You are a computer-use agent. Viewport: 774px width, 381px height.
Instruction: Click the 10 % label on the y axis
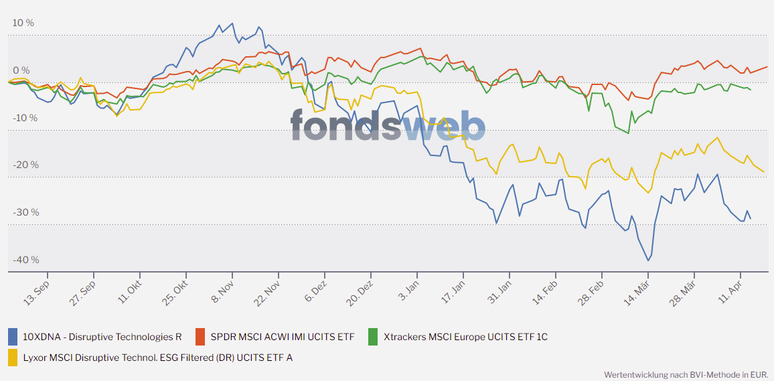click(23, 23)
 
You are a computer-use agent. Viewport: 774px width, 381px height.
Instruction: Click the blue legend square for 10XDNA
click(13, 336)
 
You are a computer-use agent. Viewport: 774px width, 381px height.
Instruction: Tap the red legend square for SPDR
click(200, 336)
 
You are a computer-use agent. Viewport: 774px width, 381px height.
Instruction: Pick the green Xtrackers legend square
click(374, 336)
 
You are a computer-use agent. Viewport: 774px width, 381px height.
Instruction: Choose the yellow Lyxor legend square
click(13, 358)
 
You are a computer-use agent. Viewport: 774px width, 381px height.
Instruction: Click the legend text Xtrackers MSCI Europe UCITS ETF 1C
click(465, 337)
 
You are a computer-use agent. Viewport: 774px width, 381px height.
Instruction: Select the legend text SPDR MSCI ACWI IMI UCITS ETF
click(283, 337)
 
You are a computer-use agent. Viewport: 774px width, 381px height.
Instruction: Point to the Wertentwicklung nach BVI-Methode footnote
click(686, 374)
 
